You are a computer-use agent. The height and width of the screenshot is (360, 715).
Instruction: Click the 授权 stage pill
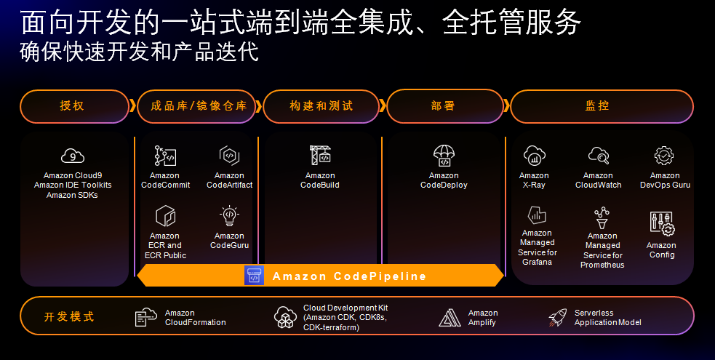tap(74, 106)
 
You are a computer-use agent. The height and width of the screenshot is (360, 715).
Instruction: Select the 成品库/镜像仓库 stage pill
tap(198, 106)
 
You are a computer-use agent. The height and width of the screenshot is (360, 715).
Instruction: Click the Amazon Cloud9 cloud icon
tap(72, 156)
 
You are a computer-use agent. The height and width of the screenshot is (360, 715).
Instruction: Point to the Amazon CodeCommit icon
tap(165, 156)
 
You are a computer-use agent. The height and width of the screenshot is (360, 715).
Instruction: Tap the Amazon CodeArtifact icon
tap(229, 156)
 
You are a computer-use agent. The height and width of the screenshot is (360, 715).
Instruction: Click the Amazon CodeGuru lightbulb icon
tap(229, 216)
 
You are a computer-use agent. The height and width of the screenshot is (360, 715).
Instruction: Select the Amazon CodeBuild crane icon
tap(320, 156)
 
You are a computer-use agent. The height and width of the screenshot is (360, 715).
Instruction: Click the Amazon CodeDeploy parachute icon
tap(444, 156)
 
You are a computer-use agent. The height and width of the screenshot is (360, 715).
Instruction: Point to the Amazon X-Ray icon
tap(534, 156)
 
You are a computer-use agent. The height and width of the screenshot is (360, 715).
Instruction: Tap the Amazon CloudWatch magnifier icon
tap(598, 156)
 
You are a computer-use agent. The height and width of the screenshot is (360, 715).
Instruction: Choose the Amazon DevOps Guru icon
tap(664, 156)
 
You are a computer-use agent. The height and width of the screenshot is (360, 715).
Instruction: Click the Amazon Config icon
tap(661, 223)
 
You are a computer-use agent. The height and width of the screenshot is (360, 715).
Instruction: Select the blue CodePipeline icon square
tap(255, 276)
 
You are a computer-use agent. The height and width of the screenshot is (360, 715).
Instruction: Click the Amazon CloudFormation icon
tap(146, 317)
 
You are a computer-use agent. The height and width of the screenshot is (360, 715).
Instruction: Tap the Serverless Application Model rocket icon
tap(557, 317)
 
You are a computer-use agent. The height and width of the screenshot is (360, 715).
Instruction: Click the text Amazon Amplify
tap(483, 318)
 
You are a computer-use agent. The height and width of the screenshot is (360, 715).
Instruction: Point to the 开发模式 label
tap(69, 317)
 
